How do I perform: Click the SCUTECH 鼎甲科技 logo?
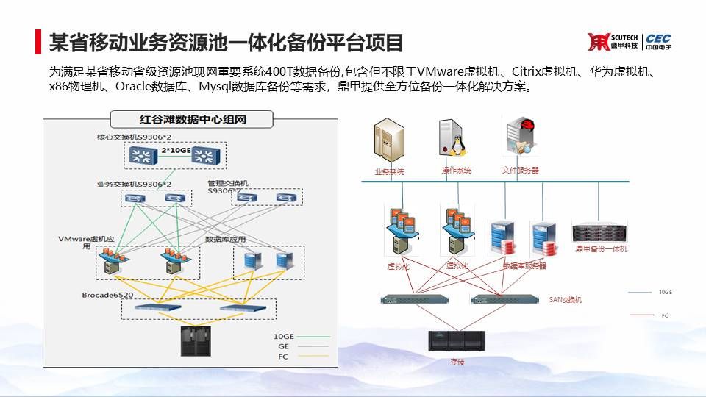tap(613, 42)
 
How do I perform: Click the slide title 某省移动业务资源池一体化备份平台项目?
tap(226, 42)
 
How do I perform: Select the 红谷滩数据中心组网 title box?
tap(191, 118)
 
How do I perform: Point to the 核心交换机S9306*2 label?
tap(134, 137)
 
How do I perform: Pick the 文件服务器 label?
tap(520, 170)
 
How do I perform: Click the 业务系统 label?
tap(389, 171)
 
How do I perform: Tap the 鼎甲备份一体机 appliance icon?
tap(601, 232)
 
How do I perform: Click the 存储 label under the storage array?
tap(457, 362)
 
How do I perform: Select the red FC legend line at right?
tap(641, 315)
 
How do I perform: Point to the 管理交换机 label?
tap(228, 182)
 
